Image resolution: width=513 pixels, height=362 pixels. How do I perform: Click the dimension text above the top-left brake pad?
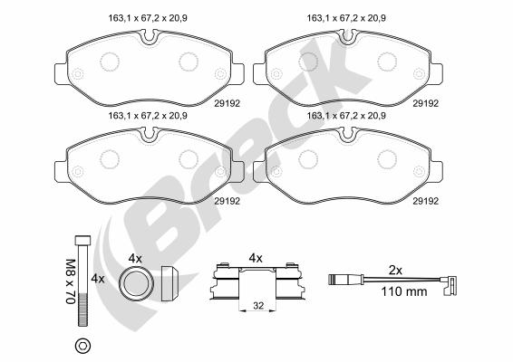click(x=148, y=18)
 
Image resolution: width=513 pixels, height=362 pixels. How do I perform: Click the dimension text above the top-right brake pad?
click(x=346, y=18)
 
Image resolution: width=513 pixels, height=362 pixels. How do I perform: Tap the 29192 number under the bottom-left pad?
click(x=227, y=201)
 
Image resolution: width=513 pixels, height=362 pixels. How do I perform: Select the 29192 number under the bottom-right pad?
click(x=425, y=201)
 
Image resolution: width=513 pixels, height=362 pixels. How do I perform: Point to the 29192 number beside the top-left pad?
click(x=227, y=103)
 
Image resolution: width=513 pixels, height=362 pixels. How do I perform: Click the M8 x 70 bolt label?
click(x=71, y=281)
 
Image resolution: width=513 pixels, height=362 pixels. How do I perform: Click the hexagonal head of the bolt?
click(x=82, y=241)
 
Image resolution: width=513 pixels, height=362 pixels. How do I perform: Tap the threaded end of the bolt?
click(x=82, y=310)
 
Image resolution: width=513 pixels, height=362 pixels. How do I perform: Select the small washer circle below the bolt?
click(x=82, y=346)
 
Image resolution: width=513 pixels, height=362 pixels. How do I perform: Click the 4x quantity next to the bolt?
click(x=98, y=279)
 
